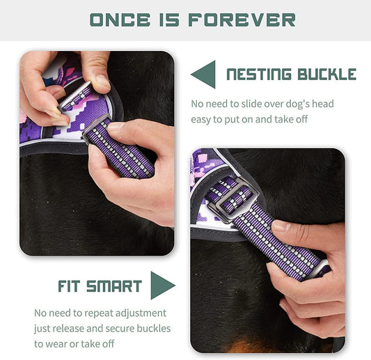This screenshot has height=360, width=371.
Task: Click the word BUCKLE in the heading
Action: coord(326,75)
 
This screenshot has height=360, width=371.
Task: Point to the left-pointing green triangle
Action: coord(203,75)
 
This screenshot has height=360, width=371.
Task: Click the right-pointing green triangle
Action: coord(162,285)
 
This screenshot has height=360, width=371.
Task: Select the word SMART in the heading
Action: coord(116,286)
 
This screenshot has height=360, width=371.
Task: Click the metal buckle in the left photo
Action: coord(77,104)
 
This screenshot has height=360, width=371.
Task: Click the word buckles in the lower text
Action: coord(153,328)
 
